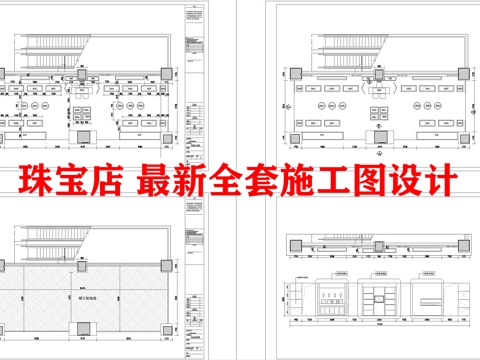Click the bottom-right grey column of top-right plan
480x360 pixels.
[462, 137]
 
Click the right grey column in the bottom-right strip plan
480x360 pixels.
[462, 246]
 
